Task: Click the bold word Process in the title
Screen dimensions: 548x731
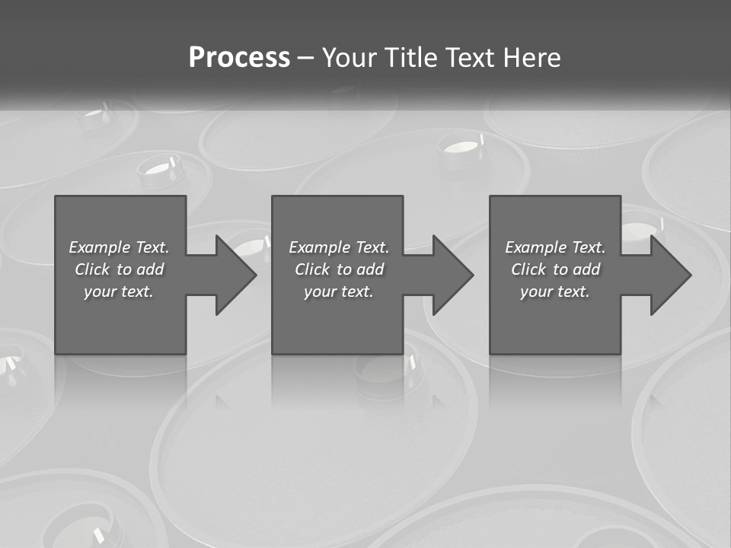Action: pyautogui.click(x=239, y=58)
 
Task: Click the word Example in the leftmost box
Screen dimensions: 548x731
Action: pyautogui.click(x=99, y=247)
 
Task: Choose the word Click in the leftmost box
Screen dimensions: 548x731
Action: pyautogui.click(x=92, y=269)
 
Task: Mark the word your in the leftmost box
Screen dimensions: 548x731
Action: pyautogui.click(x=99, y=292)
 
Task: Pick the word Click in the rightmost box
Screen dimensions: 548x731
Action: pyautogui.click(x=528, y=269)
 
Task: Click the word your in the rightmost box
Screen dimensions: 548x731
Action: pyautogui.click(x=535, y=292)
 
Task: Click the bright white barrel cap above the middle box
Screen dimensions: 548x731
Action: pyautogui.click(x=462, y=144)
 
